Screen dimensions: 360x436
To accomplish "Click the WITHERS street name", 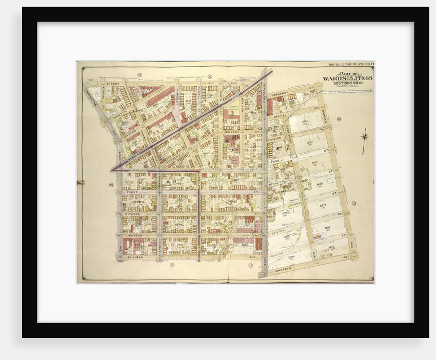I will (132, 214).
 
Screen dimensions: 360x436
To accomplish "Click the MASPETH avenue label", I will (284, 266).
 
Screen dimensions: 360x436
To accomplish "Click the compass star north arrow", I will (364, 137).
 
